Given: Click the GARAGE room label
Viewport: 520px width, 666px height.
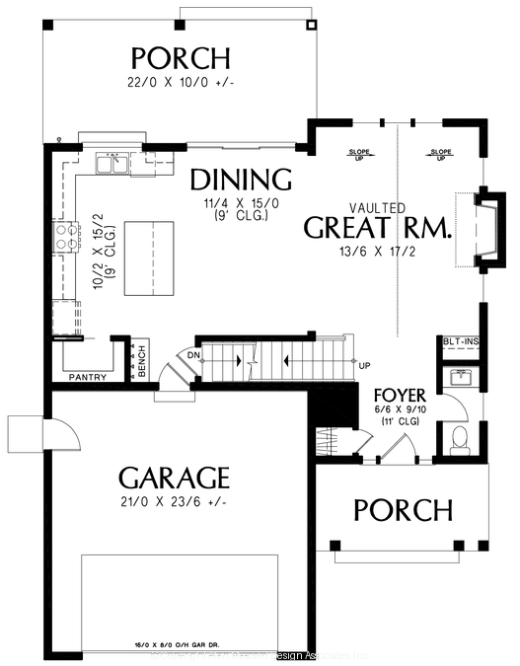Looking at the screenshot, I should point(174,479).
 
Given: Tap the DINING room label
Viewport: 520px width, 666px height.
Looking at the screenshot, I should point(241,180).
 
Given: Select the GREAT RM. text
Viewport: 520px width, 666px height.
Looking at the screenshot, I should point(377,228).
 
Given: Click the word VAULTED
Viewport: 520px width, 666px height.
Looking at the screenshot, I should point(377,207).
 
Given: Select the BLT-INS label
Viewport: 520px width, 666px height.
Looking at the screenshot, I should point(460,341).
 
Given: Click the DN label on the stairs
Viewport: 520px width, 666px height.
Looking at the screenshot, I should point(195,353).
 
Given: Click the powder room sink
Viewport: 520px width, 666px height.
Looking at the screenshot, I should point(460,377).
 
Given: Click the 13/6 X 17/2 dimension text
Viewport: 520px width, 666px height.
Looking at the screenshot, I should point(377,251).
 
